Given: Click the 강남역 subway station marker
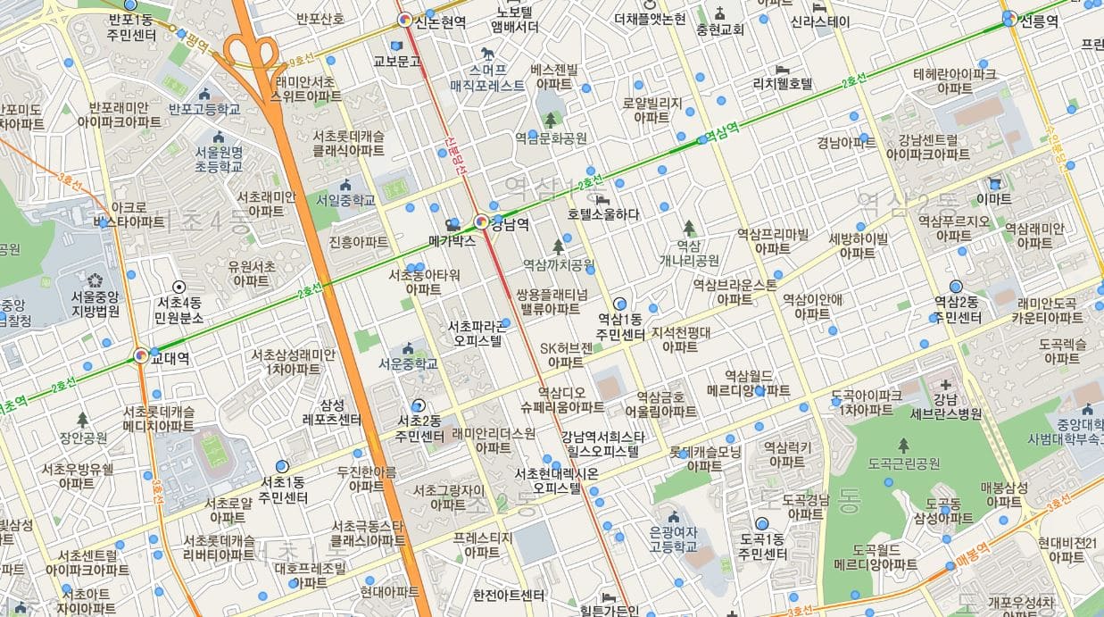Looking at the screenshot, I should point(481,221).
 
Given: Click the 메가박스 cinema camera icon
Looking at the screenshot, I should point(452,224).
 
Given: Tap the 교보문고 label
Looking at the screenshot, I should point(396,62).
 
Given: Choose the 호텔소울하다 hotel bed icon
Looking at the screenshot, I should point(602,198).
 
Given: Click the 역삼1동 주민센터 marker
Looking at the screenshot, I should point(619,304).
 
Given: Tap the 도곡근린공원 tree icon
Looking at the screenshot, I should point(903,445).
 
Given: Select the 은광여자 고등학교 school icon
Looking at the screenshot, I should point(673,517).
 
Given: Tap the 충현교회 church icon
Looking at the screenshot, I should point(720,13).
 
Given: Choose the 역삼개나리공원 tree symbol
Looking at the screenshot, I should point(688,228).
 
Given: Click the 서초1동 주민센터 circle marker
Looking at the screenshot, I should point(283,466).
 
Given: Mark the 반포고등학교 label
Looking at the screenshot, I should point(204,109).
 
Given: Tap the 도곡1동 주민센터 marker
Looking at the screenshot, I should point(761,524).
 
